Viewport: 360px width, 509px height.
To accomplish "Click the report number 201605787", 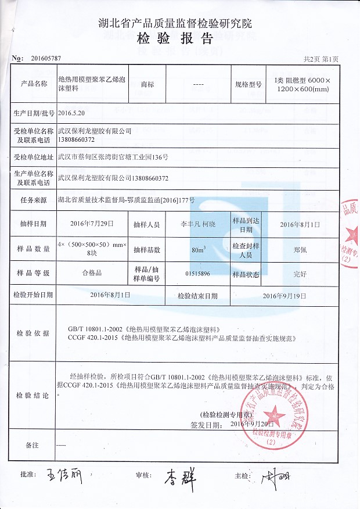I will (x=45, y=59).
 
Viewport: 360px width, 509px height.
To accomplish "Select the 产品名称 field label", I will (x=34, y=84).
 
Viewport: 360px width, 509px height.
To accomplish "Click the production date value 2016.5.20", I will (x=72, y=113).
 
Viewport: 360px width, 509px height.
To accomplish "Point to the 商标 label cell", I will (x=147, y=84).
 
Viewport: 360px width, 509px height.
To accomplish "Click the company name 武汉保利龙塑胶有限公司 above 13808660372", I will (x=96, y=131).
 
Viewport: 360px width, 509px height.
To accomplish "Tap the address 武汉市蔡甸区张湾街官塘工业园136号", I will (x=113, y=157).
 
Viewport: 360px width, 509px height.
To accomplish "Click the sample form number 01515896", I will (x=197, y=273).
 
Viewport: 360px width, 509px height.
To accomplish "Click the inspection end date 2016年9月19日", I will (x=283, y=295).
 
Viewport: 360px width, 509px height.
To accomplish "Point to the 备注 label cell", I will (x=32, y=445).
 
